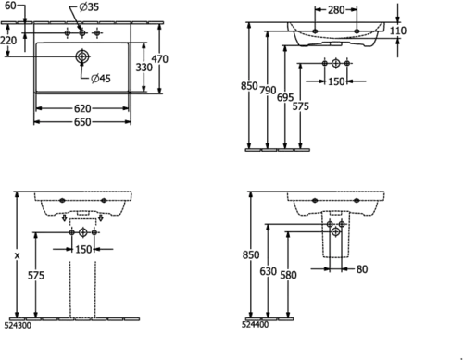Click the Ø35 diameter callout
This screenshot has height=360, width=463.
coord(89,6)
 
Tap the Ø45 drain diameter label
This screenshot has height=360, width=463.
coord(101,79)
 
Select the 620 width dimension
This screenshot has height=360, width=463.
coord(82,108)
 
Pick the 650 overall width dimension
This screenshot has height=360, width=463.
coord(82,122)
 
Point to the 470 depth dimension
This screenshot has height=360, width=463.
coord(160,58)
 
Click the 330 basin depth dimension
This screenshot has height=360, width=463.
coord(144,68)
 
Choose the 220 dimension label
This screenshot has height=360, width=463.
coord(8,40)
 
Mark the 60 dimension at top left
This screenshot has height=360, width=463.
coord(10,6)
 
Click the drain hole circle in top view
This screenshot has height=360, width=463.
coord(82,56)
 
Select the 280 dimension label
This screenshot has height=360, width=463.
coord(336,10)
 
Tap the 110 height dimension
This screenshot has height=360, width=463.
coord(398,31)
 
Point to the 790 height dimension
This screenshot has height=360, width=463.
coord(268,91)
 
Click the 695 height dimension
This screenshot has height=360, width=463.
coord(285,97)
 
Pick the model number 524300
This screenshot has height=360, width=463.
coord(18,326)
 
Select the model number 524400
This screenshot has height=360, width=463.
coord(255,325)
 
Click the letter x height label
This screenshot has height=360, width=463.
coord(18,255)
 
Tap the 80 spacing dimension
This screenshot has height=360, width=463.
coord(362,269)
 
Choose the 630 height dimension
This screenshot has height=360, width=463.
coord(268,271)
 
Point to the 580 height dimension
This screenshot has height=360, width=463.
coord(288,275)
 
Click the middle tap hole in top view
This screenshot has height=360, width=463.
coord(82,32)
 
